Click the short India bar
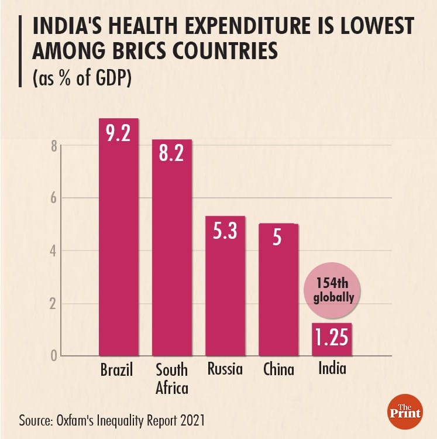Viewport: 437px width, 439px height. [332, 339]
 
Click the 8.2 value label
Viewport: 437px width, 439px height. [172, 154]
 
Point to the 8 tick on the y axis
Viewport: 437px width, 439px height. [53, 146]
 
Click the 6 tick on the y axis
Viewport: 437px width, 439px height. [53, 198]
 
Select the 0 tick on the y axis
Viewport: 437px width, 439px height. [53, 355]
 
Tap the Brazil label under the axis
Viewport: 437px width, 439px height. [117, 370]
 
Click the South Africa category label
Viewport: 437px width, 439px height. [171, 378]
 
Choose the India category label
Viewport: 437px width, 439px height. [332, 369]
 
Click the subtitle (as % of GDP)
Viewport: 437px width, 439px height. [81, 78]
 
